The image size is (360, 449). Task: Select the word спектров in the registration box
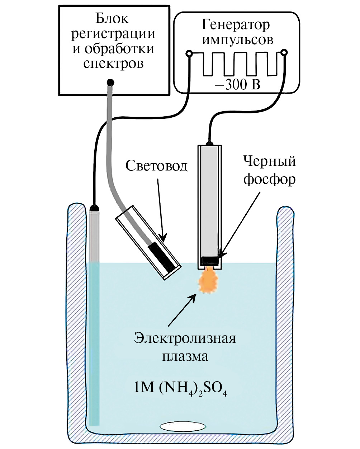click(x=113, y=63)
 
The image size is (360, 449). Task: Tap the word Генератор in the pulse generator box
click(x=236, y=25)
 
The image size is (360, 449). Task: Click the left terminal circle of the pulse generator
click(x=189, y=54)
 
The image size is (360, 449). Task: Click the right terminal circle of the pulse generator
click(x=284, y=53)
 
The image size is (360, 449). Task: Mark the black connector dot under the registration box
click(x=110, y=82)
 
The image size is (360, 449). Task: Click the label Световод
click(x=156, y=166)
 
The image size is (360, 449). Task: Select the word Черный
click(x=270, y=162)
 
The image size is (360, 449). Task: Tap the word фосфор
click(x=270, y=179)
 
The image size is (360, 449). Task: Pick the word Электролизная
click(x=185, y=338)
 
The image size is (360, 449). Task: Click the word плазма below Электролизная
click(x=185, y=356)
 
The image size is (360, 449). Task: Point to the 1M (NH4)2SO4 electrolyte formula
click(x=180, y=389)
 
